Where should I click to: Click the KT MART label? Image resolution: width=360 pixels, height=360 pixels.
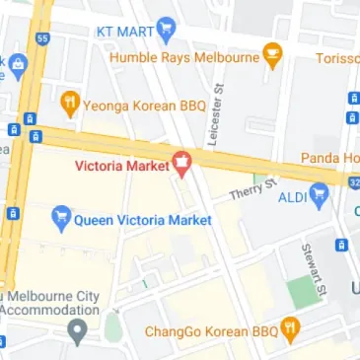pyautogui.click(x=124, y=31)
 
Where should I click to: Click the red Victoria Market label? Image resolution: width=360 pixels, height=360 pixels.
pyautogui.click(x=122, y=165)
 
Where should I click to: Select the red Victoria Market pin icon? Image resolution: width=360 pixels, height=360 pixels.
pyautogui.click(x=182, y=163)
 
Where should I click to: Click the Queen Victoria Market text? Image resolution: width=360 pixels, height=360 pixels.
pyautogui.click(x=143, y=221)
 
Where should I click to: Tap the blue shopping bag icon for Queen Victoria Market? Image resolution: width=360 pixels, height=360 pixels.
pyautogui.click(x=62, y=220)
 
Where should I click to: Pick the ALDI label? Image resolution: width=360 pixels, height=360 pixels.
pyautogui.click(x=292, y=196)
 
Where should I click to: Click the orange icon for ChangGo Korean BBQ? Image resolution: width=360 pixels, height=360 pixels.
pyautogui.click(x=290, y=329)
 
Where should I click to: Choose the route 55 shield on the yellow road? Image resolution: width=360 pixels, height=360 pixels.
pyautogui.click(x=41, y=37)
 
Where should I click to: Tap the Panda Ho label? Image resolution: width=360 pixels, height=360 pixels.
pyautogui.click(x=330, y=158)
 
